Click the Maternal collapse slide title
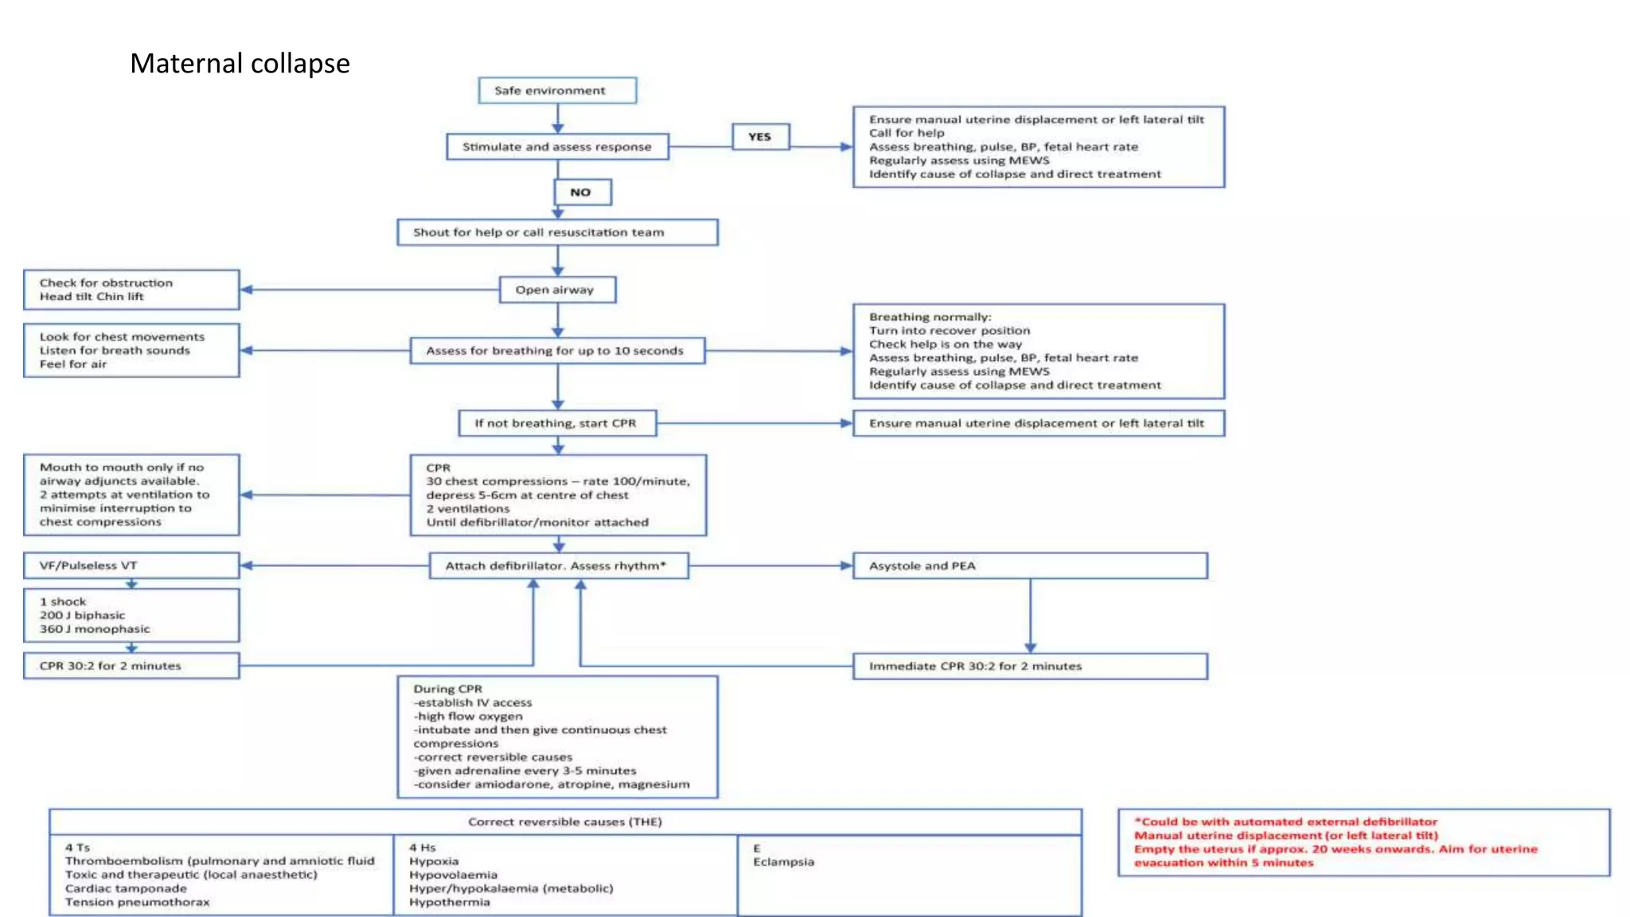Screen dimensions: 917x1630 pyautogui.click(x=240, y=64)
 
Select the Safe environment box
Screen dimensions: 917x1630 pyautogui.click(x=557, y=91)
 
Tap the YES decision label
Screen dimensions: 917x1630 pyautogui.click(x=760, y=137)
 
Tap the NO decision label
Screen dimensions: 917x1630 pyautogui.click(x=582, y=193)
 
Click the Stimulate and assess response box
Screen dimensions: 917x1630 pyautogui.click(x=557, y=147)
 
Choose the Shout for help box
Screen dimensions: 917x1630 pyautogui.click(x=557, y=232)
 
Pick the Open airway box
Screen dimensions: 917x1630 pyautogui.click(x=557, y=290)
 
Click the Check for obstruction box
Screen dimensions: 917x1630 pyautogui.click(x=131, y=290)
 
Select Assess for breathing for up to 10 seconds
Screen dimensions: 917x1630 pyautogui.click(x=557, y=351)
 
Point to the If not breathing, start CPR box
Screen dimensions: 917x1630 pyautogui.click(x=557, y=423)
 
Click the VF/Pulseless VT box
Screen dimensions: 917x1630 pyautogui.click(x=131, y=566)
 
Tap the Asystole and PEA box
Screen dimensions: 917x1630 pyautogui.click(x=1029, y=566)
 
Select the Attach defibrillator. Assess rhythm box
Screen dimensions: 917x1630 pyautogui.click(x=558, y=566)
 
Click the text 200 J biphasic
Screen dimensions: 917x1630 pyautogui.click(x=83, y=615)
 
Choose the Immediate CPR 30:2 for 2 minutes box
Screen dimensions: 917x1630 pyautogui.click(x=1029, y=666)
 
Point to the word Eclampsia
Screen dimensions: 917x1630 pyautogui.click(x=784, y=862)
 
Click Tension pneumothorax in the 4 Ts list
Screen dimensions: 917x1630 pyautogui.click(x=138, y=903)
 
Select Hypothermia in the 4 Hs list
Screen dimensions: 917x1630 pyautogui.click(x=450, y=903)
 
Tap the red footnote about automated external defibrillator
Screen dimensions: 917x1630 pyautogui.click(x=1285, y=822)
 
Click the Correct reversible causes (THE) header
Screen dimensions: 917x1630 pyautogui.click(x=565, y=822)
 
